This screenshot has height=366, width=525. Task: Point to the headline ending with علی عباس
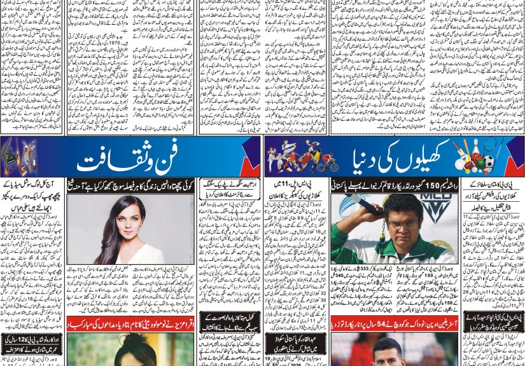(32, 201)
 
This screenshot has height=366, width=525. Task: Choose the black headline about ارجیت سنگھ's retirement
(230, 190)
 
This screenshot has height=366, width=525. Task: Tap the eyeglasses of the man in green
(403, 223)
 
